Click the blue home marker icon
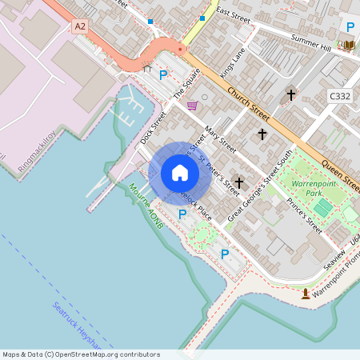click(x=180, y=173)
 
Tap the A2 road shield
click(x=79, y=26)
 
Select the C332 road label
click(x=340, y=96)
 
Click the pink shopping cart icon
click(x=192, y=106)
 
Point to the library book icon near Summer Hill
click(x=349, y=45)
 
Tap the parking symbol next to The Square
click(x=163, y=75)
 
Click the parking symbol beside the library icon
click(x=349, y=26)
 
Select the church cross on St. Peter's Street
click(x=238, y=183)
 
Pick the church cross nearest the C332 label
click(x=290, y=95)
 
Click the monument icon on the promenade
click(x=306, y=294)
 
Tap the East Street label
click(x=233, y=14)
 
